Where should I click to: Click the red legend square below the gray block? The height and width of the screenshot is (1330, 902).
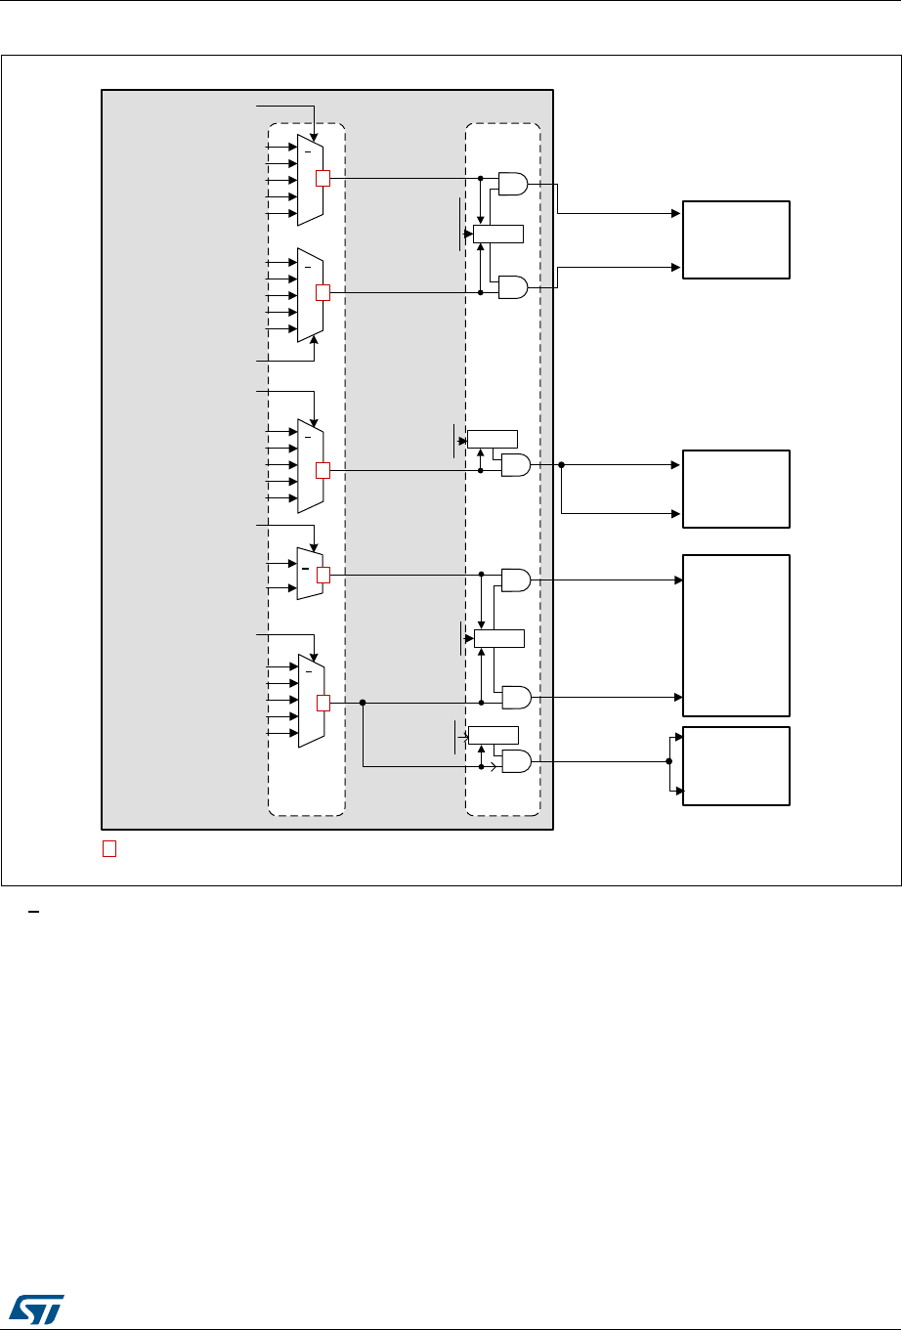(109, 848)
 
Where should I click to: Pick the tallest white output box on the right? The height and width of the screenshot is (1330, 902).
(736, 635)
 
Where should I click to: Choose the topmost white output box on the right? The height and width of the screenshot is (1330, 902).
(736, 239)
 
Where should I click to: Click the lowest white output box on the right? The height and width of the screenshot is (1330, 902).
(736, 765)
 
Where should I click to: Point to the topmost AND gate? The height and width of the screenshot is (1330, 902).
(513, 183)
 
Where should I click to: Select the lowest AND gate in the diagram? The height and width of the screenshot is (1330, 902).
(515, 761)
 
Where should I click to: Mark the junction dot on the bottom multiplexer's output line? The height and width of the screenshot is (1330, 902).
(363, 702)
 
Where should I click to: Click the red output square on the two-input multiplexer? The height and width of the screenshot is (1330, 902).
(323, 575)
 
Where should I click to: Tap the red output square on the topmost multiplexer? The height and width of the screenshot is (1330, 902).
(323, 178)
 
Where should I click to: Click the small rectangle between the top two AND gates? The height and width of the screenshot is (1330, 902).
(497, 234)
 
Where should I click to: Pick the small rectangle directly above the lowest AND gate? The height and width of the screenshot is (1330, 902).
(493, 735)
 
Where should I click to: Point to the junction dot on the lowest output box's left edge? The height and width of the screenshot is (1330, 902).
(668, 761)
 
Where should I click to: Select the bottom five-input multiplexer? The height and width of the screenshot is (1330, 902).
(311, 700)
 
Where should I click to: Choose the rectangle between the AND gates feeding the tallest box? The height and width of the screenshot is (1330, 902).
(498, 639)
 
